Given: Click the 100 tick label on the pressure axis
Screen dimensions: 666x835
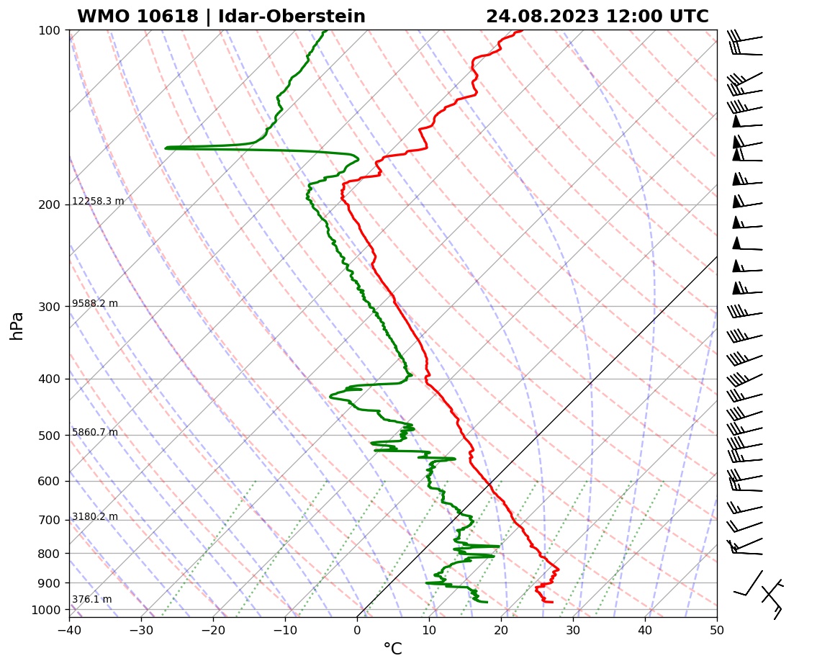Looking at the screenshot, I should (x=48, y=30).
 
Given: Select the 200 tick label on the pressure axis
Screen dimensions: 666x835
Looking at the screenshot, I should (x=48, y=205).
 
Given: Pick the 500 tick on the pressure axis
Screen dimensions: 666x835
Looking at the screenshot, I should (x=48, y=436).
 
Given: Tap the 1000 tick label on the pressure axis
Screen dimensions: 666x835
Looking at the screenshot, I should (x=45, y=611).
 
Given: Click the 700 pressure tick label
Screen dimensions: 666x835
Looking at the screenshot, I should (x=48, y=520).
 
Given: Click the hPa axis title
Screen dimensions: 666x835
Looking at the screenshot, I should (x=17, y=325).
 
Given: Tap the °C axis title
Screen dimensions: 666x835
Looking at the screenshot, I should (x=392, y=649).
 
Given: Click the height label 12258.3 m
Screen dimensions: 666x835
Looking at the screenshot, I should (x=98, y=202).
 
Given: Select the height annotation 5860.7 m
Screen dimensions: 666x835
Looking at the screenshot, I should (x=95, y=433).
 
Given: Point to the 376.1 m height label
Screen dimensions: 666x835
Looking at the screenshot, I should (x=91, y=600).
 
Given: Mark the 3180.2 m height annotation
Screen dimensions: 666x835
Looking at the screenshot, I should (x=95, y=517).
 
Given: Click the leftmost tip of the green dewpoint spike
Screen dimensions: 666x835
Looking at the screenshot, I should (x=166, y=148).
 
